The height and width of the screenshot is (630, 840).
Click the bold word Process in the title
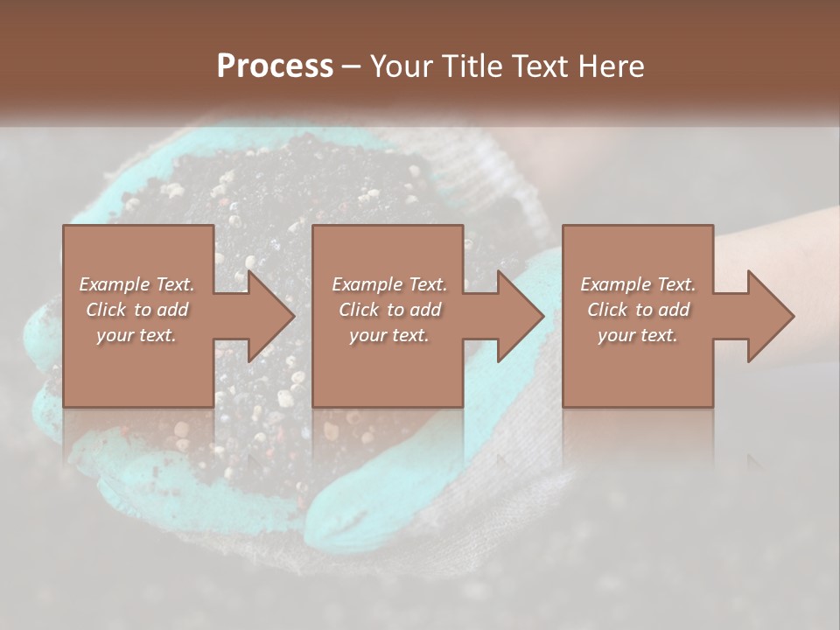(x=275, y=66)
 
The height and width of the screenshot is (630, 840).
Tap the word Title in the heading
(x=473, y=66)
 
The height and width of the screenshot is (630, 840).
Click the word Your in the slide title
(x=403, y=66)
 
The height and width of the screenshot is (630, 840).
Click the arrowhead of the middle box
(x=520, y=316)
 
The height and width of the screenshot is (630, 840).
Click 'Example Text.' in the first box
(x=136, y=284)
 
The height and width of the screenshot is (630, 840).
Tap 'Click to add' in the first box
(x=136, y=310)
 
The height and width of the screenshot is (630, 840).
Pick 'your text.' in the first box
(x=136, y=335)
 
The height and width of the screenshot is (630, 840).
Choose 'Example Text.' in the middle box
(x=389, y=284)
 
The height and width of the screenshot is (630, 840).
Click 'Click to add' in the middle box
(x=389, y=310)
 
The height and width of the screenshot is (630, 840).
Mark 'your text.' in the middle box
(x=389, y=335)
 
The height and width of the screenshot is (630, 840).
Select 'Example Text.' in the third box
(x=638, y=284)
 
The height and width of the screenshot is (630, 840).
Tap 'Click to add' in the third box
(x=638, y=310)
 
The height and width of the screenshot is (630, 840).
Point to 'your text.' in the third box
(x=638, y=335)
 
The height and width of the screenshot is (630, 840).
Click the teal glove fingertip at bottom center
(x=341, y=516)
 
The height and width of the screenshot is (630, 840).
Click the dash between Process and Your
(x=352, y=67)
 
